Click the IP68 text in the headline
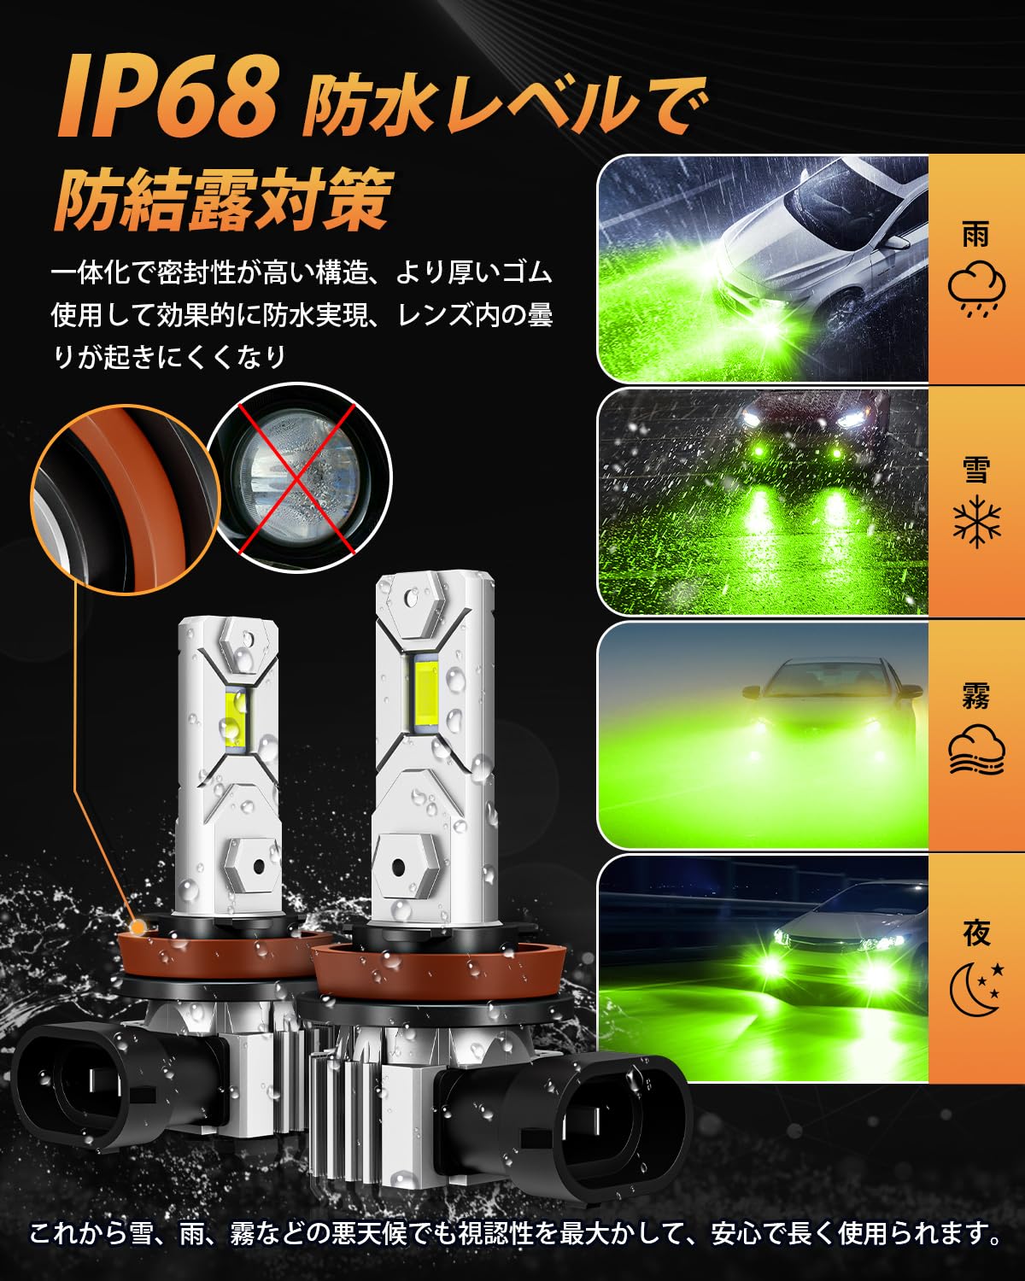168,97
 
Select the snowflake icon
977,521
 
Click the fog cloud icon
976,749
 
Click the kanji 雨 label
976,234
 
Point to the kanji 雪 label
976,469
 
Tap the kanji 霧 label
976,696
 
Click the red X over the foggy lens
296,479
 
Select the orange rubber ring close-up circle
126,500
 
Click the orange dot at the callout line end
138,927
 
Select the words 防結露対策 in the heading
224,199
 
